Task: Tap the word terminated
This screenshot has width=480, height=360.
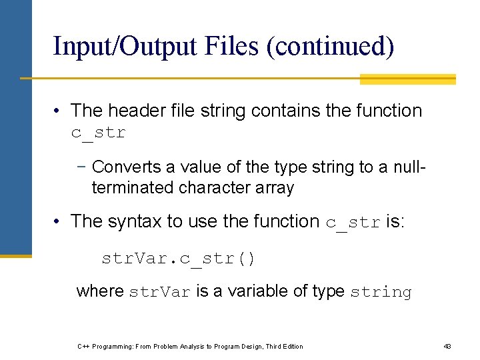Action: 133,188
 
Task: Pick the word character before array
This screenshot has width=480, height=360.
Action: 217,188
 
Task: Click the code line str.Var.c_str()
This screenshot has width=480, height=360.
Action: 178,258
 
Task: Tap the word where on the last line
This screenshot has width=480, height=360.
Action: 100,291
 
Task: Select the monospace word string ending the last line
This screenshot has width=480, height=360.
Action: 381,292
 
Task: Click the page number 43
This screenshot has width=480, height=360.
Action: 447,346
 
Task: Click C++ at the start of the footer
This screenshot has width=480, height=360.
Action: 84,346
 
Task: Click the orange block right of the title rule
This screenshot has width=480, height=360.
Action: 407,79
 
